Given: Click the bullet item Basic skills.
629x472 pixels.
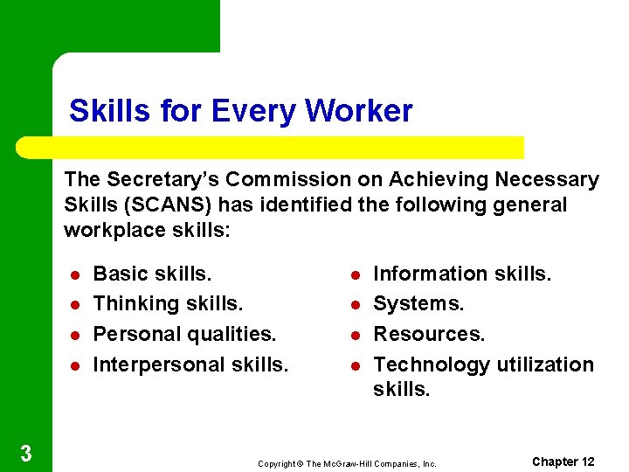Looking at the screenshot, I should [x=152, y=274].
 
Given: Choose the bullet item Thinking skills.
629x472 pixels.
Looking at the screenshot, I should [x=168, y=304].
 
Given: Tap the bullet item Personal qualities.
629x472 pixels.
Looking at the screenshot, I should [x=184, y=334].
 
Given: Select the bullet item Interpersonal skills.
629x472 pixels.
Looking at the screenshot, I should [x=190, y=364].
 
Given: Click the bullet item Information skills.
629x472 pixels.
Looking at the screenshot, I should [x=462, y=274].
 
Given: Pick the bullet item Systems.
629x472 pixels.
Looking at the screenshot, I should [x=418, y=304].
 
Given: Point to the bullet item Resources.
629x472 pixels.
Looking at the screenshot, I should [x=429, y=334].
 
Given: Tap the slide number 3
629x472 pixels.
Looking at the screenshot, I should [x=26, y=453].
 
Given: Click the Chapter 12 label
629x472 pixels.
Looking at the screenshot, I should [x=563, y=462].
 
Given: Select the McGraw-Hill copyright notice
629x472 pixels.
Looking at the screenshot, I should [x=347, y=463].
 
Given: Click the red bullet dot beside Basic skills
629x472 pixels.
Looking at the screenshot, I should [x=74, y=274].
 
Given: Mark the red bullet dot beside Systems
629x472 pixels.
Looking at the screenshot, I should [x=356, y=305].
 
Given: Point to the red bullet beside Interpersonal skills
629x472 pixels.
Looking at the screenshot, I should [x=74, y=365].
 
